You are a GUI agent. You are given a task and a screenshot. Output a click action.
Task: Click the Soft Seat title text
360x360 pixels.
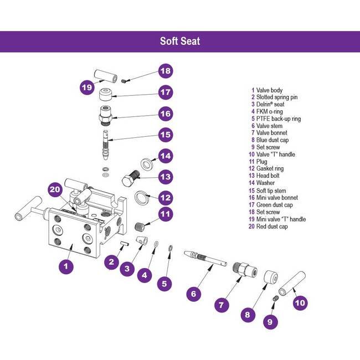(180, 41)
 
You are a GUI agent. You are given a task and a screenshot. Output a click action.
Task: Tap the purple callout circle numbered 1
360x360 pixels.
(66, 266)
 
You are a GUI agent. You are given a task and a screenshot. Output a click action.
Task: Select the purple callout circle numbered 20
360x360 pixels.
(54, 189)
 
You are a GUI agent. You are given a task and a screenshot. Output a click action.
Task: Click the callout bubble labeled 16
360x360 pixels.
(166, 114)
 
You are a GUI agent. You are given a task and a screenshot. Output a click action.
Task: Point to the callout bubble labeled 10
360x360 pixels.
(300, 303)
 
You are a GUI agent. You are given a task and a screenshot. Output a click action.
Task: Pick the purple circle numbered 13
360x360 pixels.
(166, 177)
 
